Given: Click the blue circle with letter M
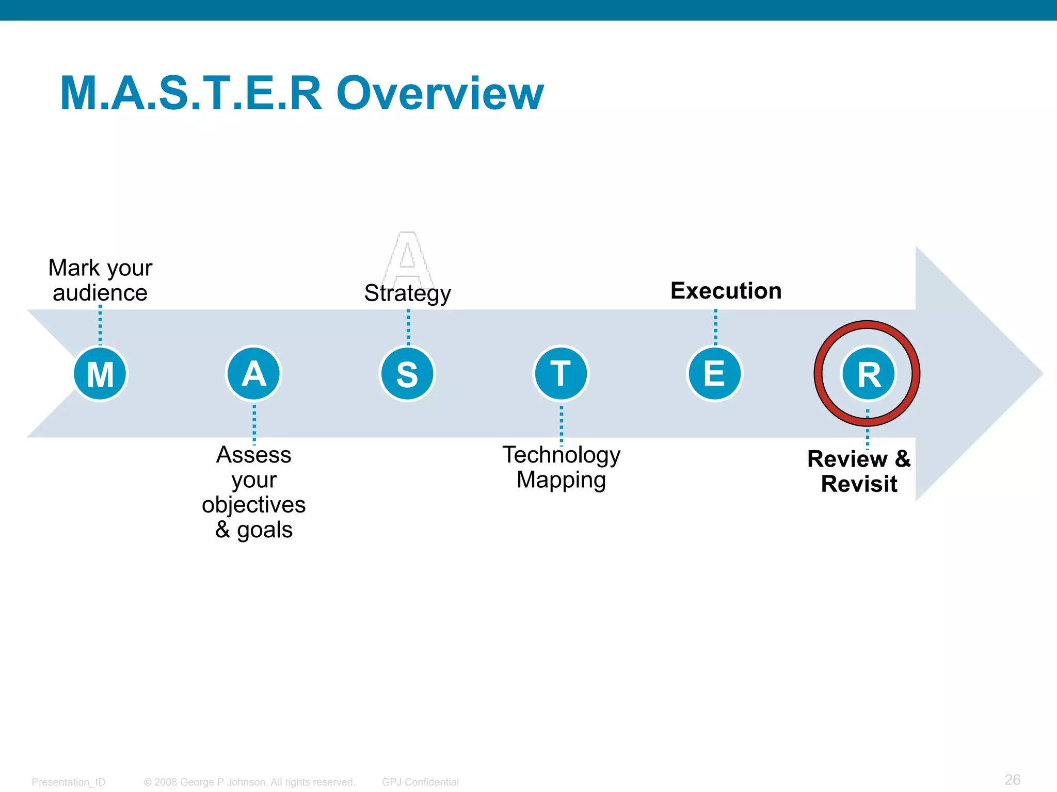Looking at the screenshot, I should click(x=100, y=373).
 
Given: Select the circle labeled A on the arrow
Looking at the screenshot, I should click(x=253, y=373).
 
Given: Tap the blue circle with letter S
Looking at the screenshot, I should click(x=407, y=373).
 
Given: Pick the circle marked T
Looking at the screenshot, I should click(x=561, y=373).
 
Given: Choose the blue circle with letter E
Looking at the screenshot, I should click(x=715, y=373).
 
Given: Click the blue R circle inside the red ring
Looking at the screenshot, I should click(x=869, y=373).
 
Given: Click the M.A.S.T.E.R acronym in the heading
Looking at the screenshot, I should click(x=191, y=93).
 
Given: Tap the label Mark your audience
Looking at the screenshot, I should click(x=100, y=280).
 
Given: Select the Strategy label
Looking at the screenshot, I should click(x=407, y=293).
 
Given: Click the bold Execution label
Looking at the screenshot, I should click(x=726, y=291).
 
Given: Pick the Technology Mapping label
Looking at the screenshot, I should click(x=561, y=467).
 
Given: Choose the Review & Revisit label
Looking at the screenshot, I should click(x=859, y=471).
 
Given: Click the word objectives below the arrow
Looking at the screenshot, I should click(x=253, y=504).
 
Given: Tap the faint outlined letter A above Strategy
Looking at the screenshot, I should click(x=408, y=256).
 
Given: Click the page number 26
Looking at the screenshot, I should click(x=1012, y=779).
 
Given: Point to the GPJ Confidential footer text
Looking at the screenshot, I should click(x=420, y=782).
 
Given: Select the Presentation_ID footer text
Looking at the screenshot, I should click(x=68, y=782).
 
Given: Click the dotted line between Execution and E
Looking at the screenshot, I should click(x=715, y=327).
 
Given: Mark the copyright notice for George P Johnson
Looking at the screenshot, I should click(x=249, y=782).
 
